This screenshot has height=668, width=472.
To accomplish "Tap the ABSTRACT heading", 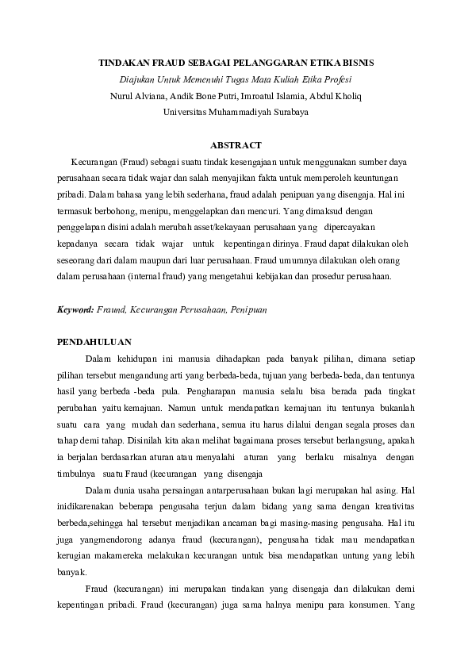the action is coord(236,145).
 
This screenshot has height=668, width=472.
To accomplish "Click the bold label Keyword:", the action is coord(75,309).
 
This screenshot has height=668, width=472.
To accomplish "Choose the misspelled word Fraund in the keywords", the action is coord(112,309).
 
